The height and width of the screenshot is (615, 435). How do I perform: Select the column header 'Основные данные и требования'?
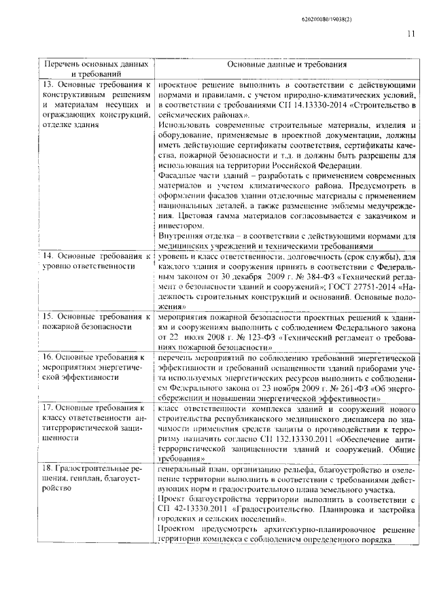tap(287, 65)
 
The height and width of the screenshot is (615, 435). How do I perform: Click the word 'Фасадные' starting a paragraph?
tap(179, 175)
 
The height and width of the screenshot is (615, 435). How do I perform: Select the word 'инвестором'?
tap(179, 225)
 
